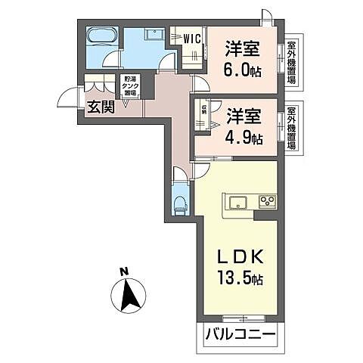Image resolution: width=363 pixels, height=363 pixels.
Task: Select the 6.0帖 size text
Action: pos(243,69)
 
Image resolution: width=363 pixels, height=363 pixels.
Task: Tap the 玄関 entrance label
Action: pos(100,107)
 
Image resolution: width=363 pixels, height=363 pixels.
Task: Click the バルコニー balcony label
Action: pos(237,334)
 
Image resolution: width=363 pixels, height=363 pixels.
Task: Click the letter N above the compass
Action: pos(123,270)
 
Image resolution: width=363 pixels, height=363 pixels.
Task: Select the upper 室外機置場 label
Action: pos(291,63)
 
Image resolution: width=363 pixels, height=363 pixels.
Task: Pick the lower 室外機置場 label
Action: pos(291,128)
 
